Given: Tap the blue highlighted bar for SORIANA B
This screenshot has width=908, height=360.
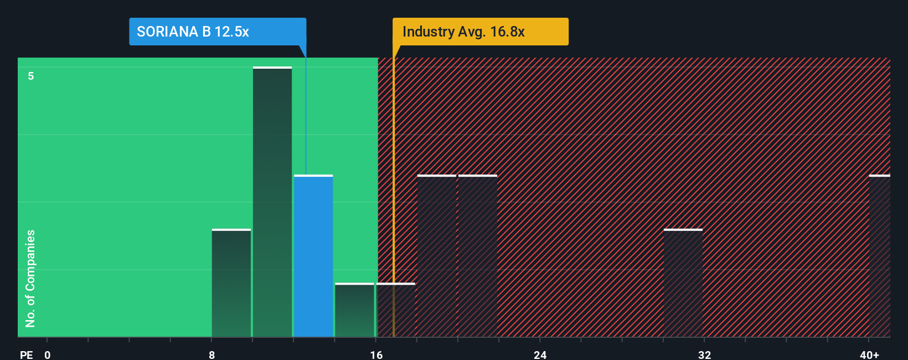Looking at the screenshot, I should (x=313, y=256).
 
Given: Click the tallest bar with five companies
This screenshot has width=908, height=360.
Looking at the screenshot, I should (x=272, y=202).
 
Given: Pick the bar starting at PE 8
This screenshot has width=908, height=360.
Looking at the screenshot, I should (x=231, y=283).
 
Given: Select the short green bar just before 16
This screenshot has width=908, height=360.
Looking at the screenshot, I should (x=354, y=310).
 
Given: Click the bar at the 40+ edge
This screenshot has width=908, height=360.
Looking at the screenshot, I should (x=879, y=256).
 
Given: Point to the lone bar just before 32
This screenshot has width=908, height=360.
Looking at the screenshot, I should (x=683, y=283).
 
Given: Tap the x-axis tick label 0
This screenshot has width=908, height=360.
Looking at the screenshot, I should (x=48, y=355).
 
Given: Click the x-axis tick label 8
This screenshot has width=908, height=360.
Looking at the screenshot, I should (x=212, y=355).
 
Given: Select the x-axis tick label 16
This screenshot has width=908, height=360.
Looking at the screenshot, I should (x=376, y=355).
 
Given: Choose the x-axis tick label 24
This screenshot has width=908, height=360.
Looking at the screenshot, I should (x=540, y=355).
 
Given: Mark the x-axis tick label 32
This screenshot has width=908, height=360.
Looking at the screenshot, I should (x=704, y=355).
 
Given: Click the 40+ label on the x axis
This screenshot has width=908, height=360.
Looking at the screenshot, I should (x=869, y=355).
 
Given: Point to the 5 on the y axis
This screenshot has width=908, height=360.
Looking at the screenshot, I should (x=31, y=76).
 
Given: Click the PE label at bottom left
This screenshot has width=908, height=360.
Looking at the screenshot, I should (x=26, y=355).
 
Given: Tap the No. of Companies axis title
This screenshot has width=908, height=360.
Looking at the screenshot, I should (x=30, y=278).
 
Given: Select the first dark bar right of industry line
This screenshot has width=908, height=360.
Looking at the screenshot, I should (x=436, y=256).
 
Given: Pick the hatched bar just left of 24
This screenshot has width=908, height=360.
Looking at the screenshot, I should (x=478, y=256).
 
